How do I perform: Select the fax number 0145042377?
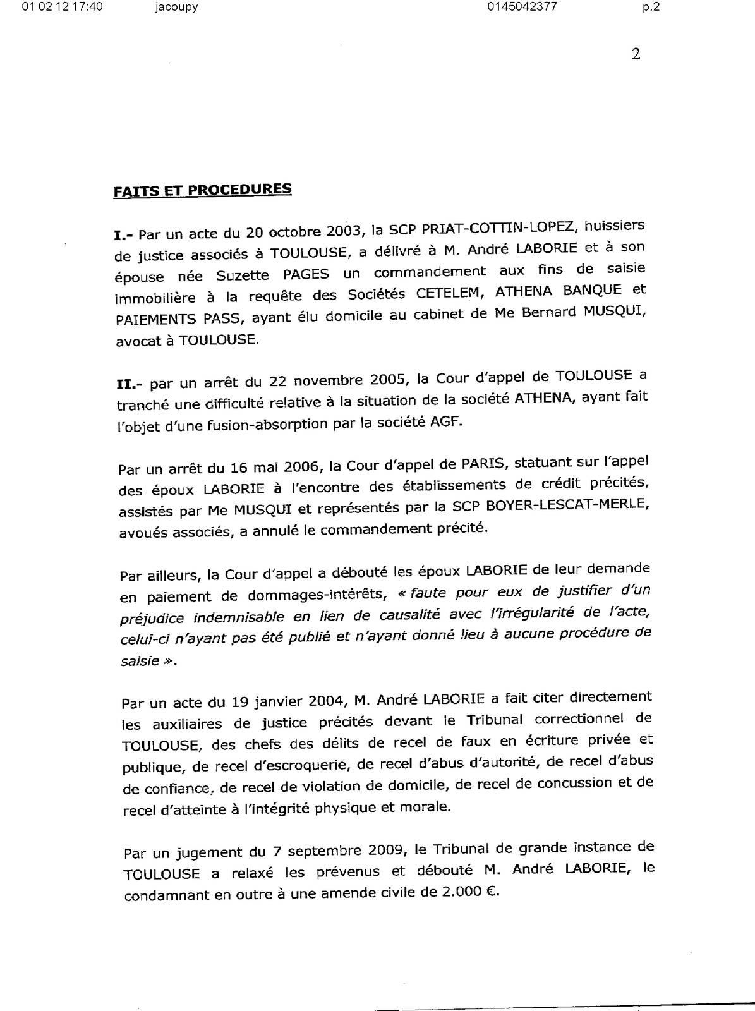click(522, 8)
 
